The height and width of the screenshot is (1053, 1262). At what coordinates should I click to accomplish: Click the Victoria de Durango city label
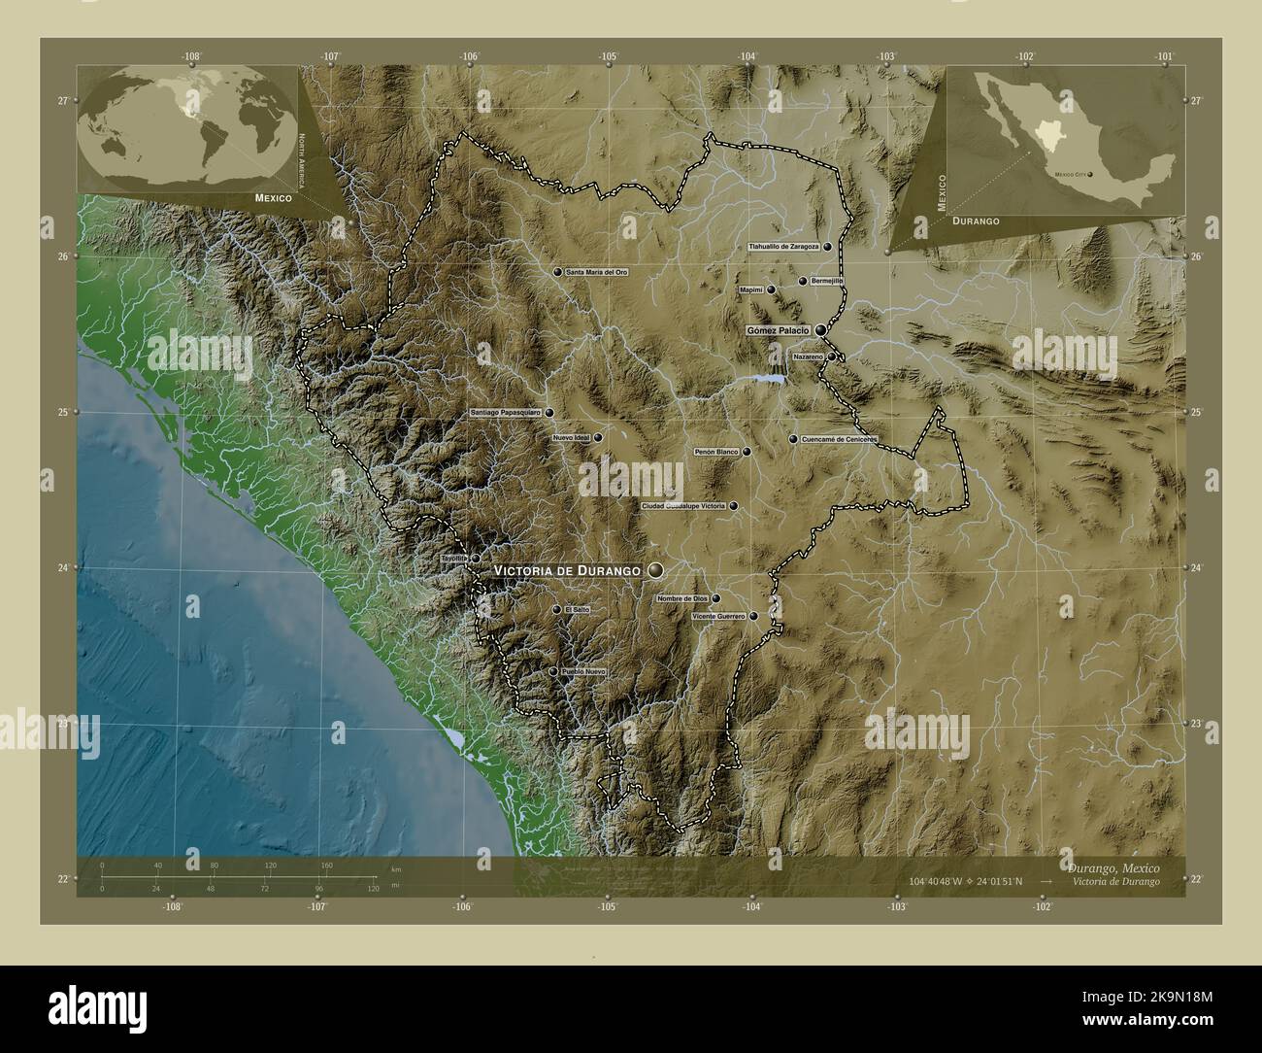(x=567, y=570)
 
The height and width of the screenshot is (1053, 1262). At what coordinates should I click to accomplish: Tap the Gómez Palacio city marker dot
(x=821, y=330)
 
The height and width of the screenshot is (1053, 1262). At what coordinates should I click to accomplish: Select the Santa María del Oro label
(x=596, y=273)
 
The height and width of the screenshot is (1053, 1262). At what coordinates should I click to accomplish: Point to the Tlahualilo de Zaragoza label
(x=783, y=247)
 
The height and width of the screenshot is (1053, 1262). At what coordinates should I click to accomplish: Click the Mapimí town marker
(x=771, y=289)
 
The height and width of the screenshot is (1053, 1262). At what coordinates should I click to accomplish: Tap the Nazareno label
(x=808, y=357)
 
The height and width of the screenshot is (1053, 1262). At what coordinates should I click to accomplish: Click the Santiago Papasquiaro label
(x=505, y=413)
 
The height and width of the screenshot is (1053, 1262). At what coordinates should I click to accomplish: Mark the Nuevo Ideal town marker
(x=598, y=437)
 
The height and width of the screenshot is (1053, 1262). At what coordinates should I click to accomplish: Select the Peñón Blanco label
(x=716, y=452)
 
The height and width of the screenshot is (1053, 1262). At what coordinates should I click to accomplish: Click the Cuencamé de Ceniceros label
(x=839, y=439)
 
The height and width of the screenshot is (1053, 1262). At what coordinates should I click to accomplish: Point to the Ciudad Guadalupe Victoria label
(x=683, y=506)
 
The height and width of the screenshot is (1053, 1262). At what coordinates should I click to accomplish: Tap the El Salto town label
(x=576, y=610)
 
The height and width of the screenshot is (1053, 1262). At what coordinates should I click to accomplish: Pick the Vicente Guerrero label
(x=718, y=616)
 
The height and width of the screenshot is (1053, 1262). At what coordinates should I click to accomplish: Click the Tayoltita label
(x=454, y=559)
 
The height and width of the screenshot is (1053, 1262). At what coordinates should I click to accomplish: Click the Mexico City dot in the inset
(x=1090, y=175)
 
